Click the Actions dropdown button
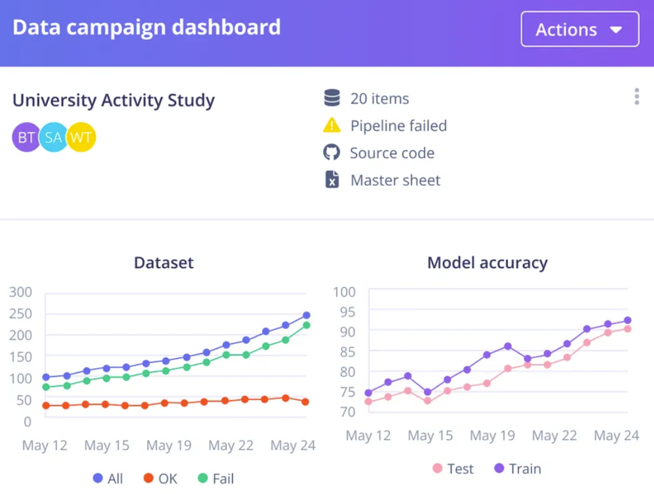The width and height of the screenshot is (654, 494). click(580, 29)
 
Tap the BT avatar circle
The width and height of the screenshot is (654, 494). click(26, 137)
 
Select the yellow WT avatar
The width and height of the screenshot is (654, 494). click(81, 137)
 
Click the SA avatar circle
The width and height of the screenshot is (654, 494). click(53, 137)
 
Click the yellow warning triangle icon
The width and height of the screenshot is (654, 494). click(331, 126)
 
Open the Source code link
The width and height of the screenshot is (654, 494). click(392, 153)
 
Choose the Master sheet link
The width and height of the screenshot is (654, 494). click(395, 180)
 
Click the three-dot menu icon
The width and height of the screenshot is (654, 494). click(637, 97)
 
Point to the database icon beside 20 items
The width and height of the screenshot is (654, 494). click(332, 98)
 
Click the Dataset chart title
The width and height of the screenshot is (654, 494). click(164, 263)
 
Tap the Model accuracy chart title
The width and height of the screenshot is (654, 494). click(487, 263)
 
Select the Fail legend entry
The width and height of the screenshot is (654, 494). click(215, 479)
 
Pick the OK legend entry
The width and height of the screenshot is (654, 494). click(160, 479)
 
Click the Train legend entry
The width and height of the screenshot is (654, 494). click(517, 469)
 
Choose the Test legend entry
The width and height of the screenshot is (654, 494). click(453, 469)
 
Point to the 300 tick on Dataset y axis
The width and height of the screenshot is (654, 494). click(20, 291)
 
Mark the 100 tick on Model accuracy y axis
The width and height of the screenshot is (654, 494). click(345, 291)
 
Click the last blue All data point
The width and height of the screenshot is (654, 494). click(306, 315)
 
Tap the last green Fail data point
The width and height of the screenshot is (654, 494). click(306, 325)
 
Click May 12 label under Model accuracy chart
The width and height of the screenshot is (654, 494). click(368, 436)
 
